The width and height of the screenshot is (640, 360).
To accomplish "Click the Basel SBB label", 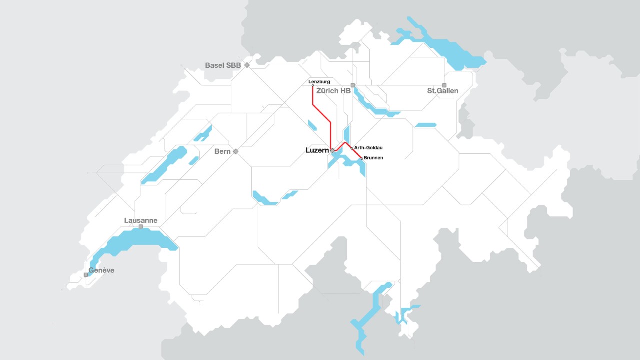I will click(223, 65).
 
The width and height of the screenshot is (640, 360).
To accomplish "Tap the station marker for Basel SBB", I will click(247, 65).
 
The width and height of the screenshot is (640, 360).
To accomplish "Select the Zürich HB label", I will click(333, 91).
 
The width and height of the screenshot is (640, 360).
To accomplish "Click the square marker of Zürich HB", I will click(353, 85).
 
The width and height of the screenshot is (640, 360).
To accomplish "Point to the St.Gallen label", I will click(442, 91).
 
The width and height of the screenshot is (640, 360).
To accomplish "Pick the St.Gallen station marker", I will click(444, 85).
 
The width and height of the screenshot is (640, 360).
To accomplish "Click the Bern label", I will click(222, 151).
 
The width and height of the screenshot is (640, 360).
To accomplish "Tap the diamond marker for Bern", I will click(236, 151).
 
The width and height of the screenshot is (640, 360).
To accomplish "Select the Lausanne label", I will click(141, 220).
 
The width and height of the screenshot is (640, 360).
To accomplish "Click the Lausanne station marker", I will click(141, 227).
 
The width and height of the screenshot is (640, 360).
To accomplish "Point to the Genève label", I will click(101, 270).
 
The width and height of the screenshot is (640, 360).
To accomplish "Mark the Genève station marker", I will click(86, 275).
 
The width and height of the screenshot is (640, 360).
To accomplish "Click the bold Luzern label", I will click(316, 150).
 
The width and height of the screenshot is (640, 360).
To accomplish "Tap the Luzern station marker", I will click(332, 150).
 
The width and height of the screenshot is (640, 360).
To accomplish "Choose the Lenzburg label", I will click(319, 81).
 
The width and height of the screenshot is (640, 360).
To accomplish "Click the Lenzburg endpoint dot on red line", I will click(313, 86).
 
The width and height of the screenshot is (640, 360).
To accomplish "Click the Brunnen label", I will click(373, 158).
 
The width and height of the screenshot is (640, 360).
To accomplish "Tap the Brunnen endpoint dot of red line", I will click(361, 158).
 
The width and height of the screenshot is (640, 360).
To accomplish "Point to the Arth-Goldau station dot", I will click(351, 148).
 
